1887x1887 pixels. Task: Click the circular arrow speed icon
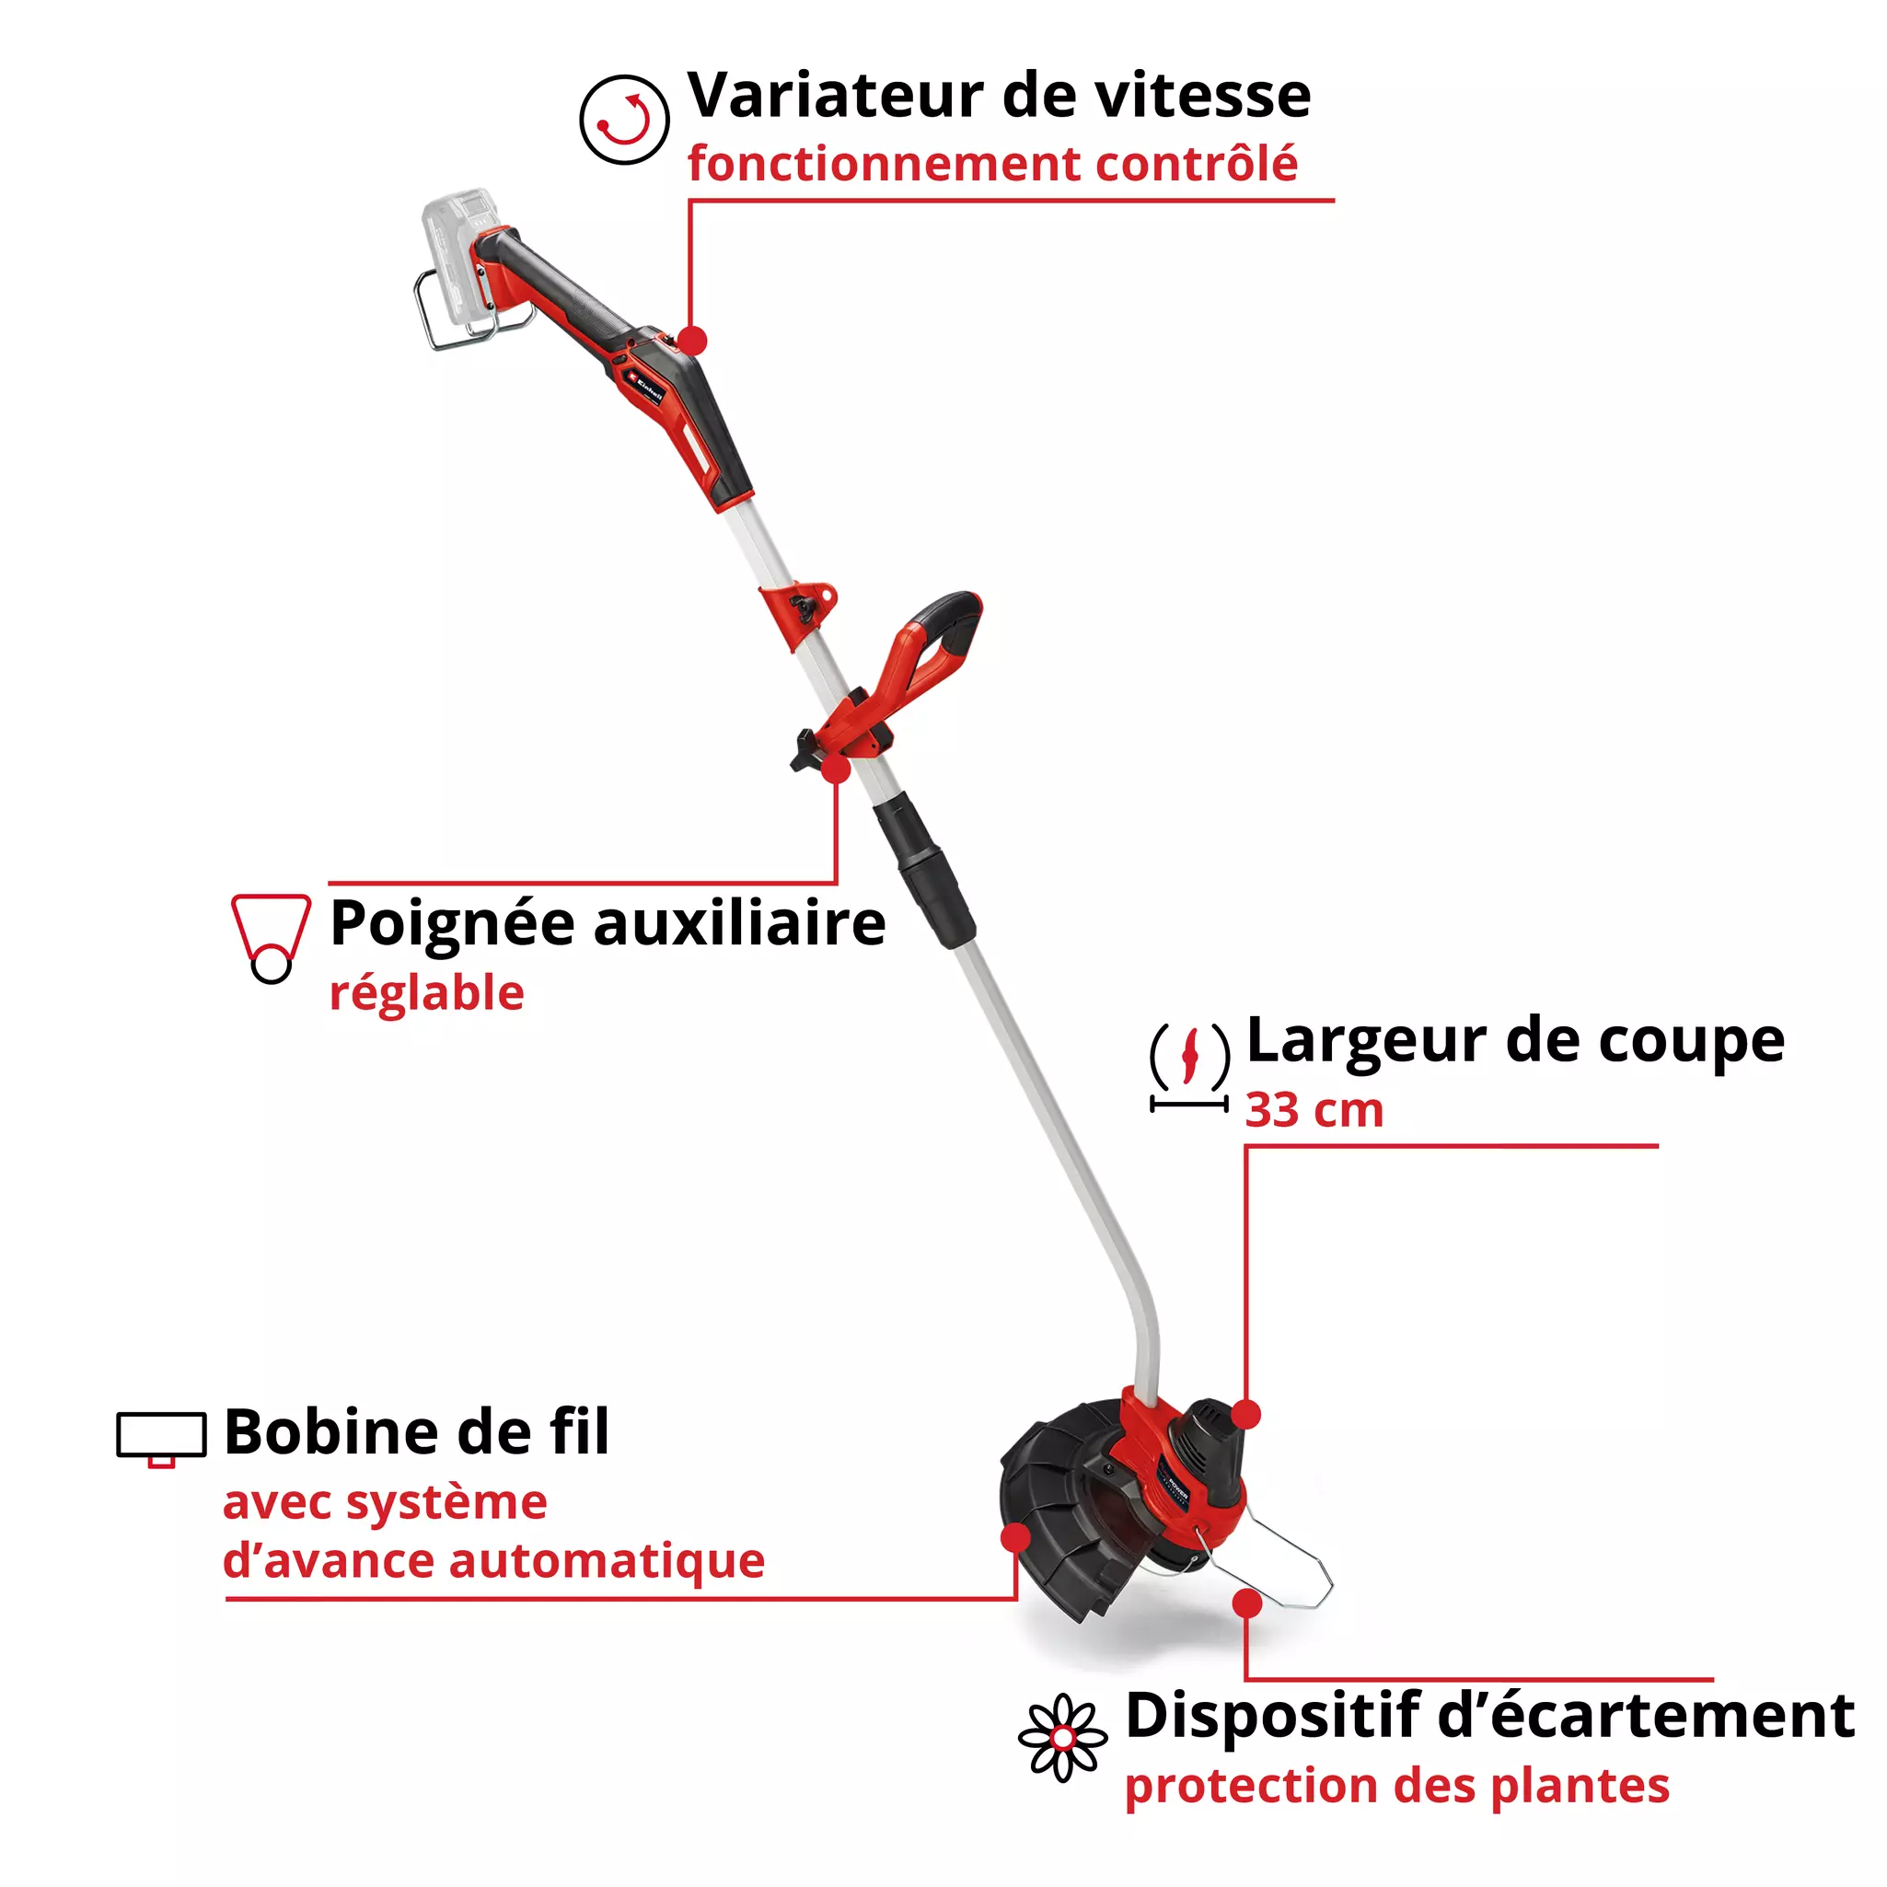(624, 119)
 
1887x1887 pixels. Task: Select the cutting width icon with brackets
(1188, 1066)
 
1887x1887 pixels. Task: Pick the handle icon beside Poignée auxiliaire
(271, 937)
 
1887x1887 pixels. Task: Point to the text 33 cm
(1314, 1110)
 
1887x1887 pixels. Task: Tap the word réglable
(427, 994)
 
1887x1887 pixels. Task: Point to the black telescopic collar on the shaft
(923, 869)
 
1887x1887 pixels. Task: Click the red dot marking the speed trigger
(691, 341)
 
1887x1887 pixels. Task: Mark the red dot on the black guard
(1016, 1537)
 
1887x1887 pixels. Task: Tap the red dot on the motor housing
(1246, 1413)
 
